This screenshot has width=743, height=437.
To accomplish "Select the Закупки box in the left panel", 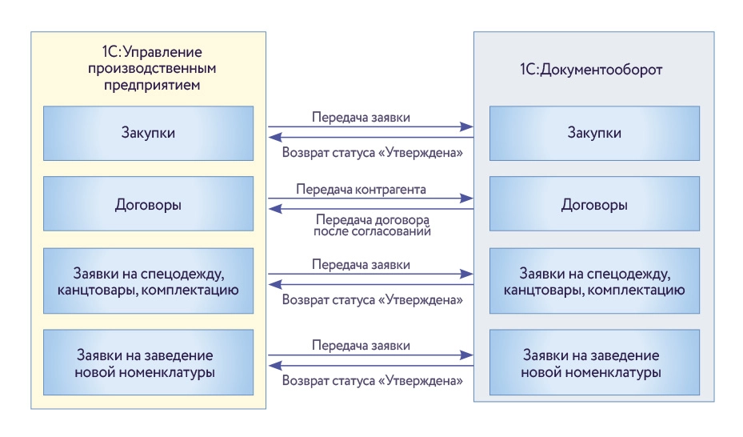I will [149, 132].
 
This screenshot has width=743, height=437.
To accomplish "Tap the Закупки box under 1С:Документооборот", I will [593, 132].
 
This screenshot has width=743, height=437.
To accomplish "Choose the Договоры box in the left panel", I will [149, 205].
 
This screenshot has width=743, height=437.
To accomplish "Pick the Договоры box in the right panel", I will [593, 205].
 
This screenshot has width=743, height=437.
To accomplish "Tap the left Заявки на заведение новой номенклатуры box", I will [149, 363].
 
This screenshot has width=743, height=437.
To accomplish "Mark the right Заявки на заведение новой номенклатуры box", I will [593, 363].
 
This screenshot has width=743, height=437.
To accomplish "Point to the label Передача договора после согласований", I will [373, 225].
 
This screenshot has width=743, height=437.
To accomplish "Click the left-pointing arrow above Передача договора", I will [370, 209].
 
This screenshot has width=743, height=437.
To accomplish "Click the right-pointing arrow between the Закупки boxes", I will [370, 126].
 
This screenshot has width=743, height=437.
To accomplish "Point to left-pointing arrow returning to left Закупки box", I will [370, 137].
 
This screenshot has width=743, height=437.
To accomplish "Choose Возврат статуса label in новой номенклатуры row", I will [373, 381].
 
